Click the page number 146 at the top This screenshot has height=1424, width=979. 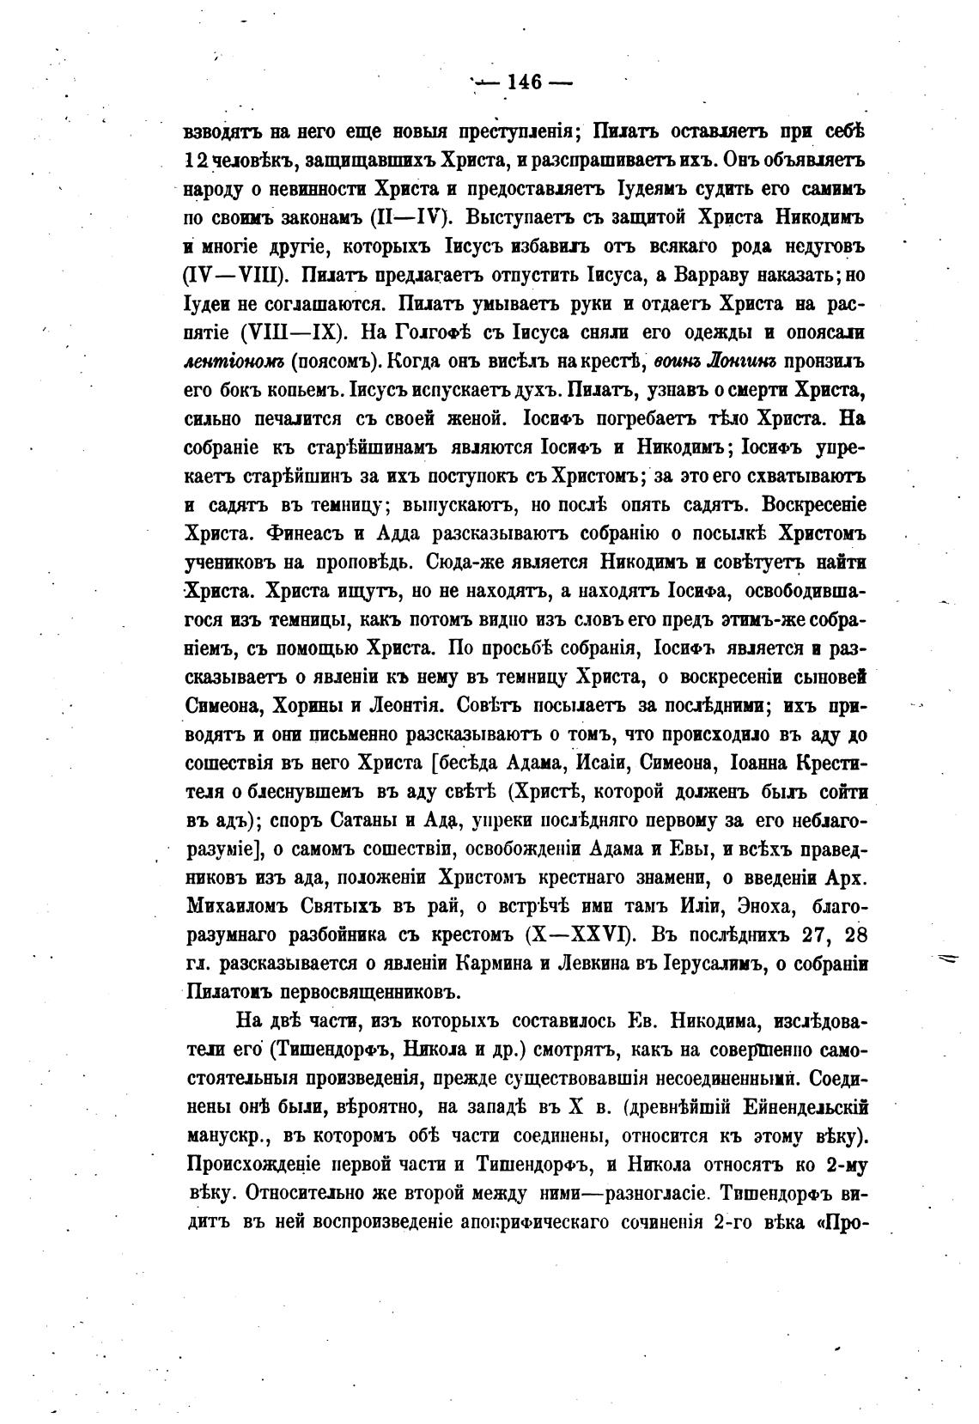tap(524, 82)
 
